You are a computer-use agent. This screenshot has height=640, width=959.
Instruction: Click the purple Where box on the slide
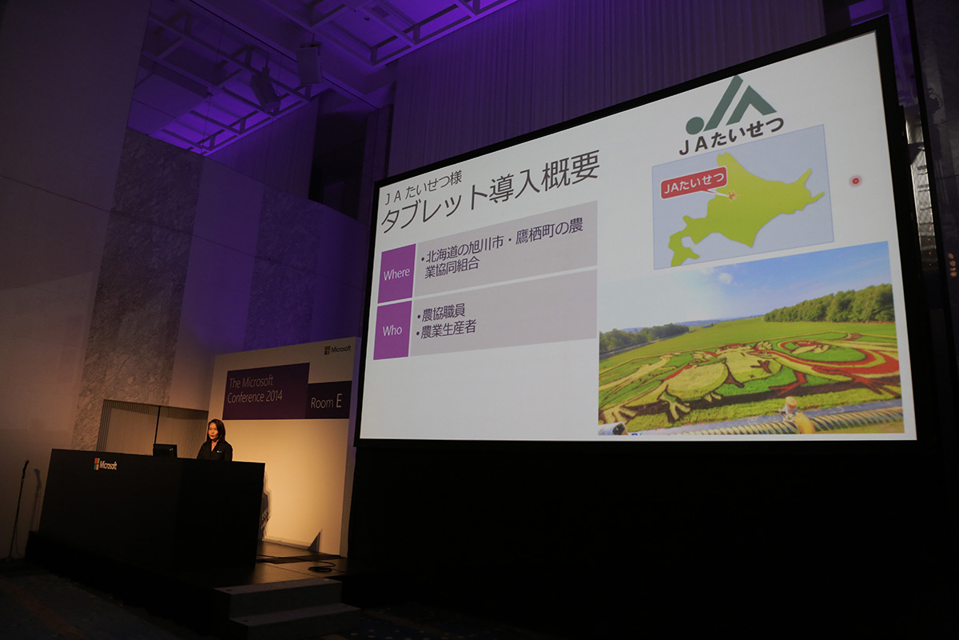pyautogui.click(x=397, y=273)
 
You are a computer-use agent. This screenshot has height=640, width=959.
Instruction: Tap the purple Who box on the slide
pyautogui.click(x=392, y=330)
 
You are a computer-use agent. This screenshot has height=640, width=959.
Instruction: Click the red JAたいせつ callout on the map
pyautogui.click(x=694, y=185)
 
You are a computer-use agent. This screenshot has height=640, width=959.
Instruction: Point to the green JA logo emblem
pyautogui.click(x=729, y=105)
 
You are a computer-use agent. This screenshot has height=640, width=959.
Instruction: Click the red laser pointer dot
pyautogui.click(x=855, y=181)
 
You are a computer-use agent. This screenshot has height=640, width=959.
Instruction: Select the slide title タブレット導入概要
pyautogui.click(x=489, y=193)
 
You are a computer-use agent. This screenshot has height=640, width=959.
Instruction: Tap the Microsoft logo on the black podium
pyautogui.click(x=105, y=464)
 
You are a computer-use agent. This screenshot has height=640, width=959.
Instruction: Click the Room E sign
pyautogui.click(x=326, y=402)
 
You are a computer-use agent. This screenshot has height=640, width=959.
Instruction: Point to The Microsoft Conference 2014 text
pyautogui.click(x=255, y=390)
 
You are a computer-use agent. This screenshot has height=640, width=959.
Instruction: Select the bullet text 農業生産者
pyautogui.click(x=442, y=329)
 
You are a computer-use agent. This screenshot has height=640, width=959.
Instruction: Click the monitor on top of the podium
pyautogui.click(x=165, y=450)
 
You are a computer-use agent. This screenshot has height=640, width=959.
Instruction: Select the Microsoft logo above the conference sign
pyautogui.click(x=337, y=350)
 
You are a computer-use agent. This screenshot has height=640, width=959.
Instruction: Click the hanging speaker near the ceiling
pyautogui.click(x=308, y=64)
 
